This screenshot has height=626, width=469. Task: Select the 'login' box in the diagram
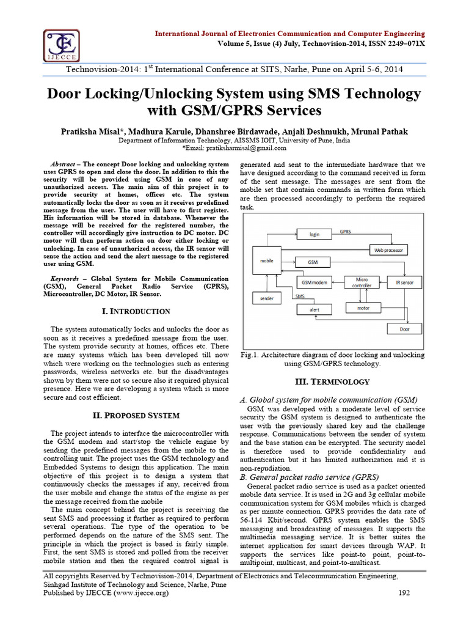point(314,234)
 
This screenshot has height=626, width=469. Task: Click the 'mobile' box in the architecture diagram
point(267,268)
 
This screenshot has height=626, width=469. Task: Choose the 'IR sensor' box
point(404,282)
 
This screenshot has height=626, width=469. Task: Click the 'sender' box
point(267,299)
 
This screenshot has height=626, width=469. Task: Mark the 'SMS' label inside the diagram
point(300,296)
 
